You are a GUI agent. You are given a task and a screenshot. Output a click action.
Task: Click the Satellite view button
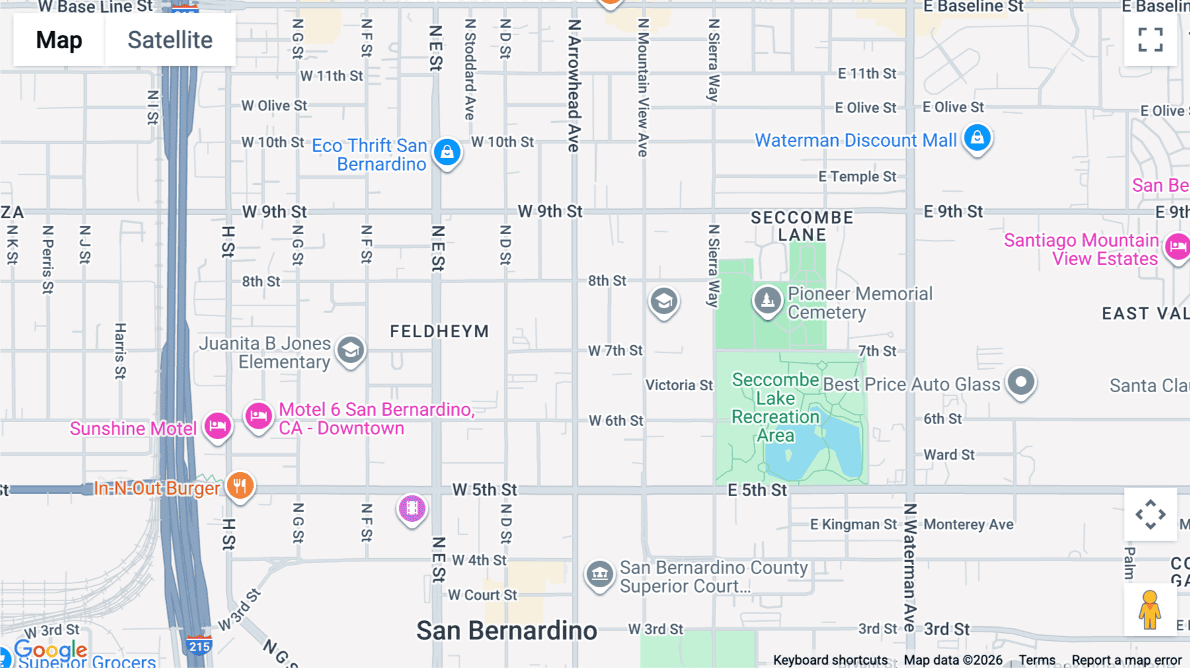(x=170, y=40)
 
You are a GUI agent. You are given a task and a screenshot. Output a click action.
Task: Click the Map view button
(x=59, y=40)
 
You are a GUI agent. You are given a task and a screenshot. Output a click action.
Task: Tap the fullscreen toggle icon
(x=1150, y=40)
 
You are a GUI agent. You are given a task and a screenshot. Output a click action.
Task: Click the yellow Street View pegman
(x=1150, y=610)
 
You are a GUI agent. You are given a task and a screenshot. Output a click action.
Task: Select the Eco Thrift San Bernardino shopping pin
(x=447, y=152)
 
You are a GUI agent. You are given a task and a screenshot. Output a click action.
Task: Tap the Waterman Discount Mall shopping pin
(x=977, y=138)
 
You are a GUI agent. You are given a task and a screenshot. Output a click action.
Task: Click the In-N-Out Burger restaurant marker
(x=240, y=486)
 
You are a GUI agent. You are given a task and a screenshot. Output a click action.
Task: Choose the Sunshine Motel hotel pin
(x=217, y=426)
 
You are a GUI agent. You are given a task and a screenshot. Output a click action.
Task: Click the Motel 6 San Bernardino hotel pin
(x=258, y=416)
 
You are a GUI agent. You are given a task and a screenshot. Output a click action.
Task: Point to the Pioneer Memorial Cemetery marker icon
(x=767, y=301)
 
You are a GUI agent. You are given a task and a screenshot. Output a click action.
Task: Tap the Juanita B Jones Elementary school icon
(x=350, y=350)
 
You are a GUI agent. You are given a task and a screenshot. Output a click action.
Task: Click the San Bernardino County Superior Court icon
(x=600, y=574)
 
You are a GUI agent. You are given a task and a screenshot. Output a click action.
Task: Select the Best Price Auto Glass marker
(x=1021, y=382)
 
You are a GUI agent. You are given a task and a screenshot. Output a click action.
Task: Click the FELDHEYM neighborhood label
(x=439, y=331)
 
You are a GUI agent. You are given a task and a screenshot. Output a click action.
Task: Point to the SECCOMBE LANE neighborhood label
(x=802, y=226)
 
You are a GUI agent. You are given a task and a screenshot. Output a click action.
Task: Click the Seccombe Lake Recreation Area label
(x=775, y=407)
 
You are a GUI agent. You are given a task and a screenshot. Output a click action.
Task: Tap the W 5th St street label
(x=484, y=490)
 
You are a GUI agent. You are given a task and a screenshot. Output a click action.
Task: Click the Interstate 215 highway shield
(x=199, y=646)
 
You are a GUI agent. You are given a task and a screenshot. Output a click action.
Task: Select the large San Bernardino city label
(x=506, y=631)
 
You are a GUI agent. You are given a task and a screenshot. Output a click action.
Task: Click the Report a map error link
(x=1127, y=660)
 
